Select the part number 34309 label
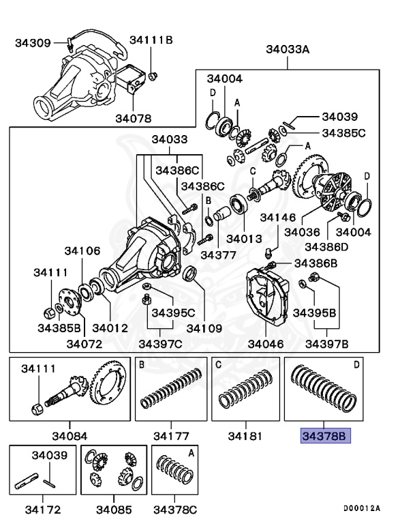tap(33, 43)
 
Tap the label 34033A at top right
tap(288, 49)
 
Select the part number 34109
tap(204, 327)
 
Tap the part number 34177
tap(171, 435)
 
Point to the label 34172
tap(42, 509)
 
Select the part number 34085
tap(114, 509)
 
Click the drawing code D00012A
tap(362, 508)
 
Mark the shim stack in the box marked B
tap(172, 392)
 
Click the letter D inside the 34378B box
tap(356, 366)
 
